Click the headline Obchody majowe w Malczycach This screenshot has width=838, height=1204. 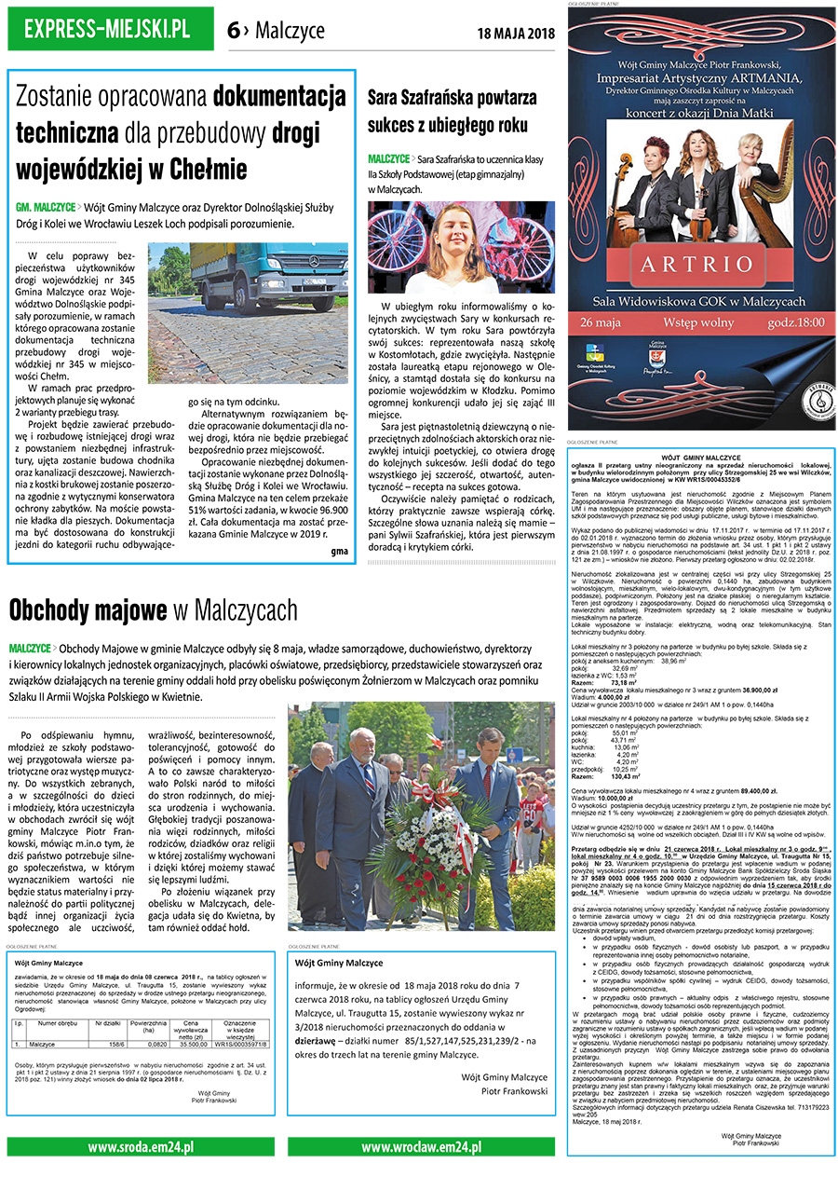(153, 610)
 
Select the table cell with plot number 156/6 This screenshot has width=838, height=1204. (117, 1045)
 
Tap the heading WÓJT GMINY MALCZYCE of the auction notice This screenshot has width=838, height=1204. (699, 458)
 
